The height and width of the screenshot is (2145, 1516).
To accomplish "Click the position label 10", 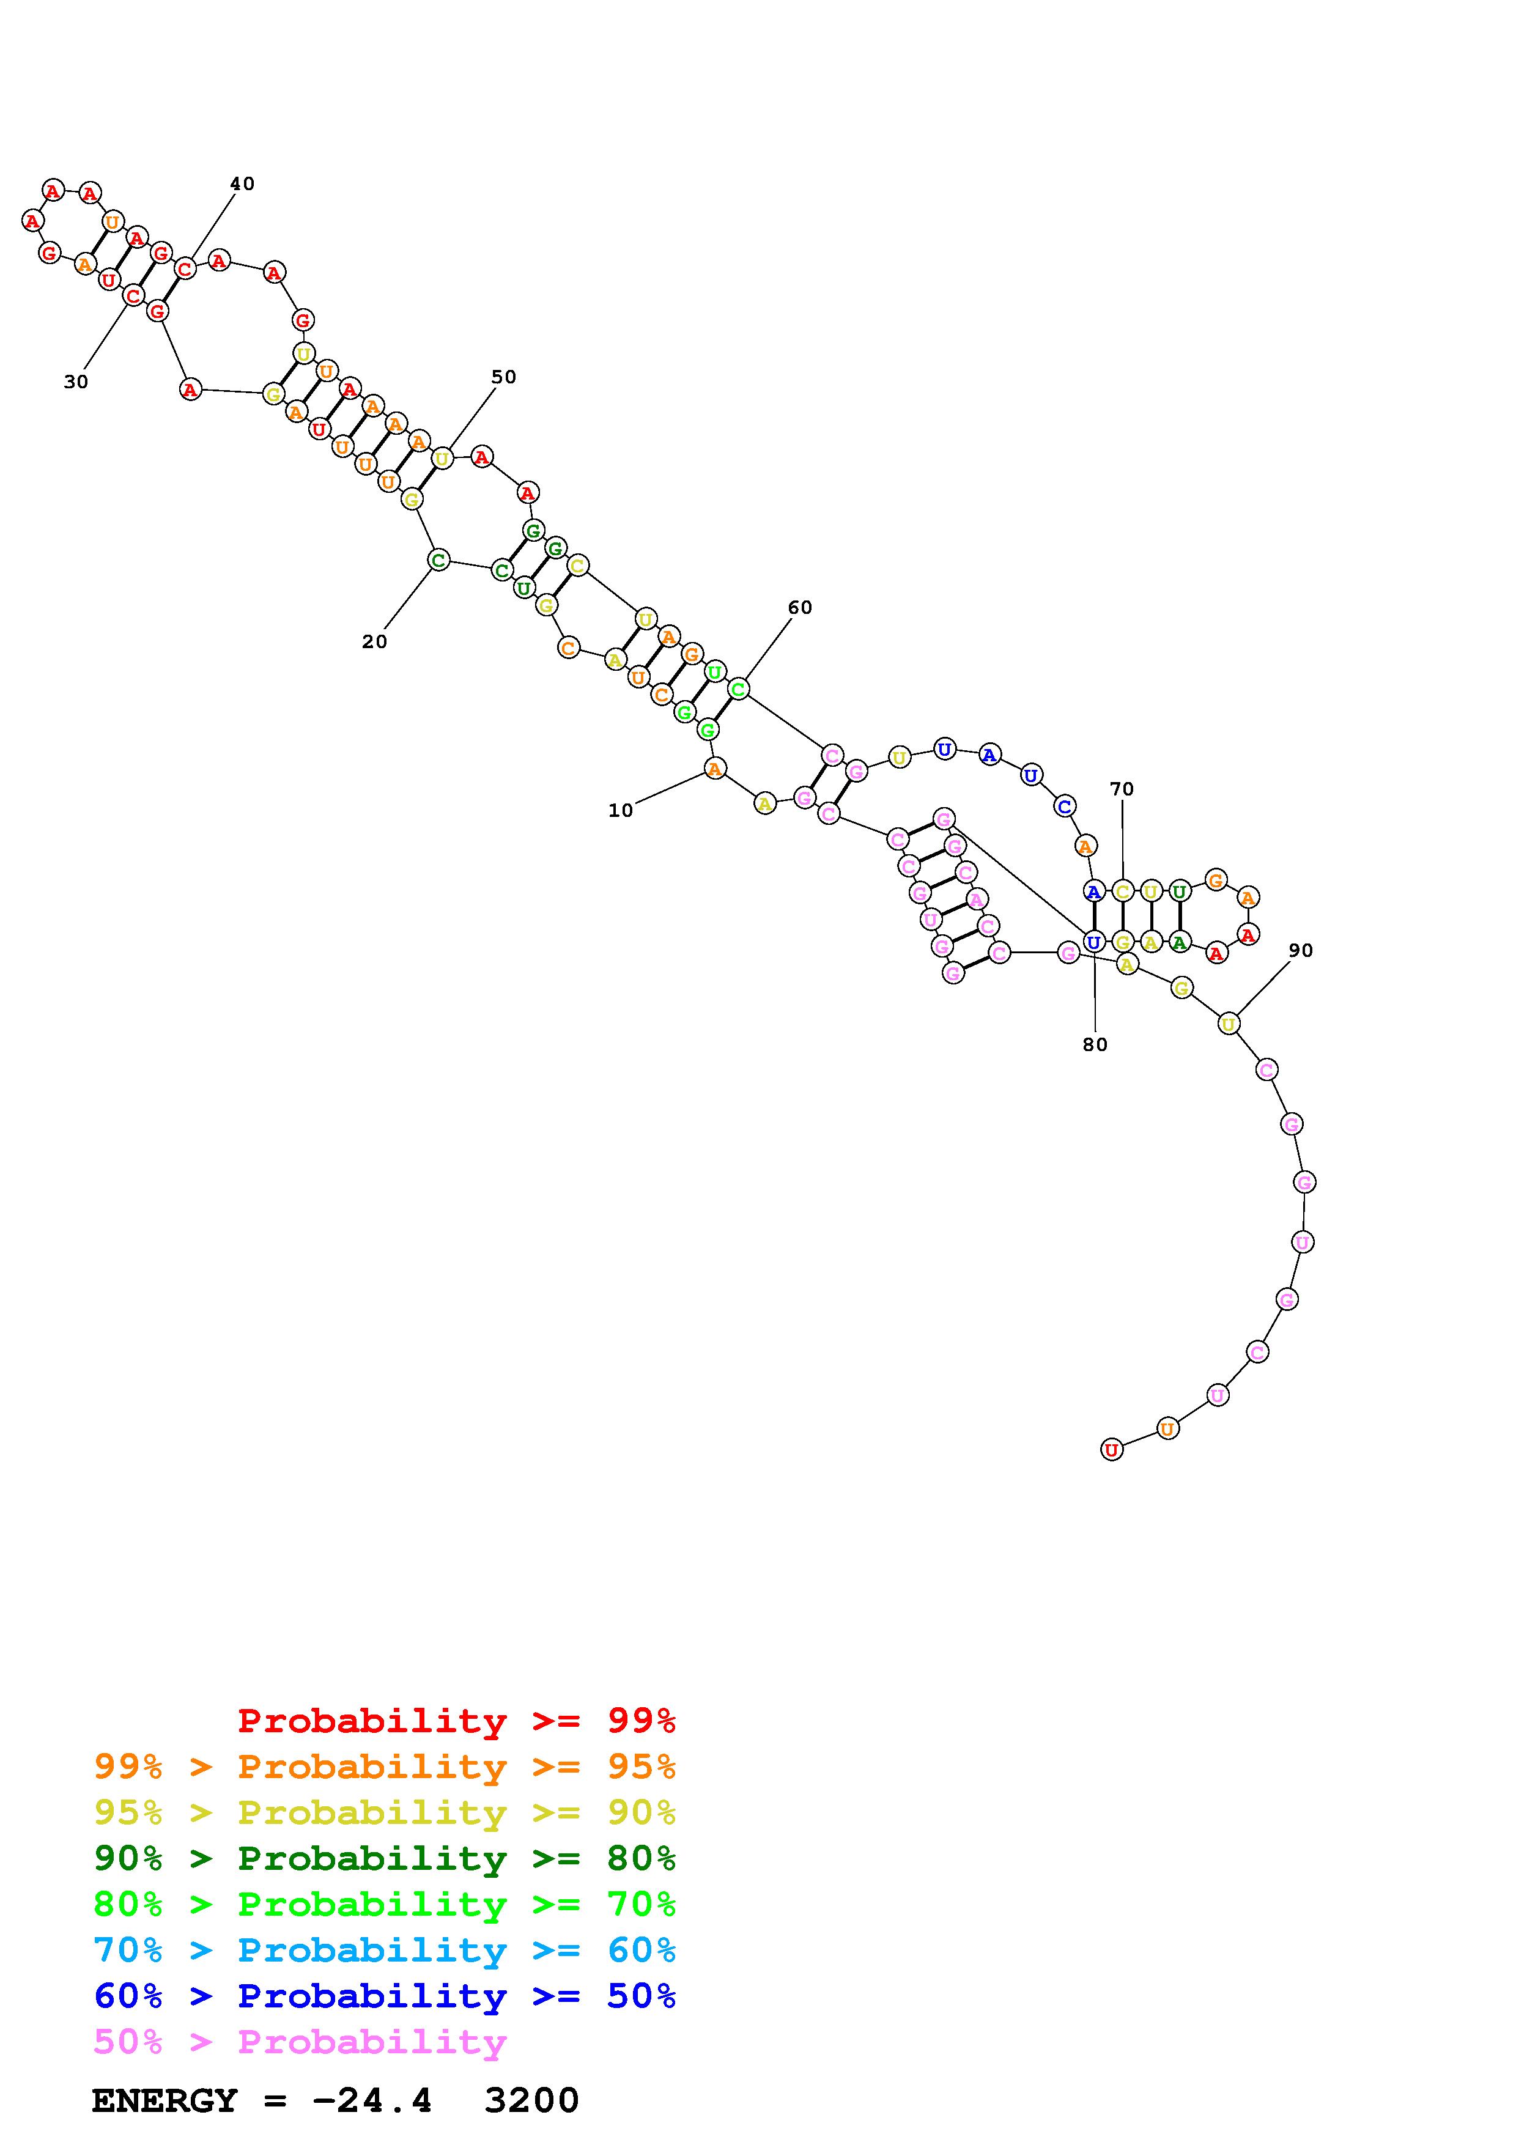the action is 620,810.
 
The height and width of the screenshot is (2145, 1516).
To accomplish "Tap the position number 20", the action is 374,642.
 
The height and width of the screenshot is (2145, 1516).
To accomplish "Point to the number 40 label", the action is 242,184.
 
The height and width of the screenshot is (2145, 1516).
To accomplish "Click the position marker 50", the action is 503,377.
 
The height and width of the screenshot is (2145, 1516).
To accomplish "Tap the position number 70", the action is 1122,789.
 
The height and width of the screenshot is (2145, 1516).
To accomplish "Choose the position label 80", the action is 1095,1044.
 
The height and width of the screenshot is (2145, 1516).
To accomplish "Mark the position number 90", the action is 1300,950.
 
